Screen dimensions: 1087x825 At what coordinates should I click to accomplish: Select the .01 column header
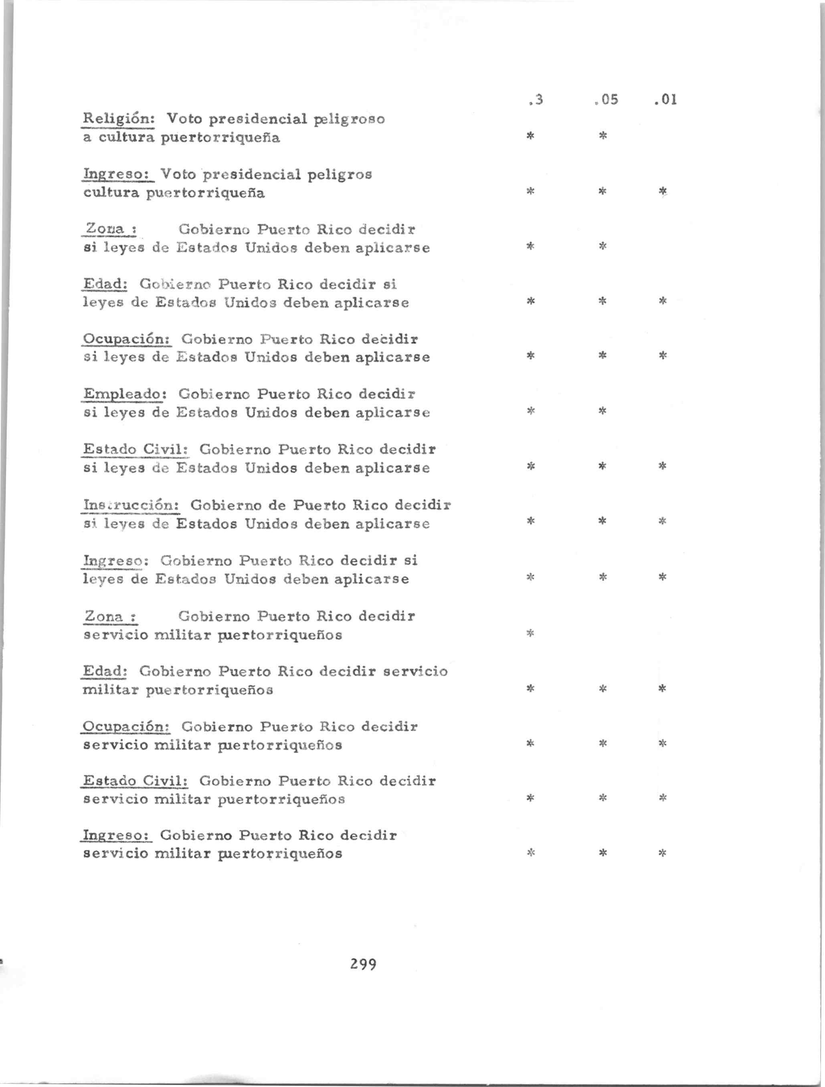(666, 100)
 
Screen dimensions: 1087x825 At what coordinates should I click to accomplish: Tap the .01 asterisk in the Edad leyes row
(662, 301)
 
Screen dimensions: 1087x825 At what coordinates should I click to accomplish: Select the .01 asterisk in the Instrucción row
(662, 521)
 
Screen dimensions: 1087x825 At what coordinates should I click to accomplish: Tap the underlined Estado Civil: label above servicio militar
(136, 781)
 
